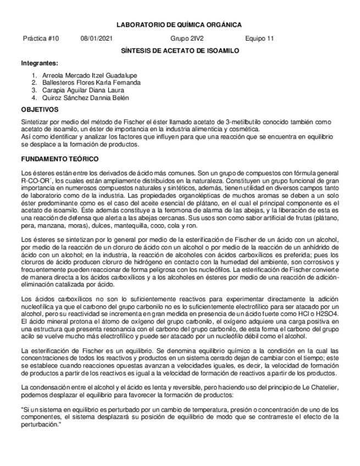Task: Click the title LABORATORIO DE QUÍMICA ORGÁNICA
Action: [x=180, y=25]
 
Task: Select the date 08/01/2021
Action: [x=97, y=39]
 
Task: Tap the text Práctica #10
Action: [x=41, y=39]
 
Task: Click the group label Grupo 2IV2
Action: [x=187, y=39]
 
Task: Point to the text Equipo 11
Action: [x=259, y=39]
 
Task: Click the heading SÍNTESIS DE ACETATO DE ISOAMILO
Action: [x=180, y=51]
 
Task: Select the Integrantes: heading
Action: [x=39, y=63]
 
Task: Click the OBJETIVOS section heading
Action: [x=40, y=110]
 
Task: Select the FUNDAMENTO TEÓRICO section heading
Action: [x=59, y=159]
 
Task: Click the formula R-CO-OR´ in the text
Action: [x=37, y=180]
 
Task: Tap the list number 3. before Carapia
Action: [x=34, y=90]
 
